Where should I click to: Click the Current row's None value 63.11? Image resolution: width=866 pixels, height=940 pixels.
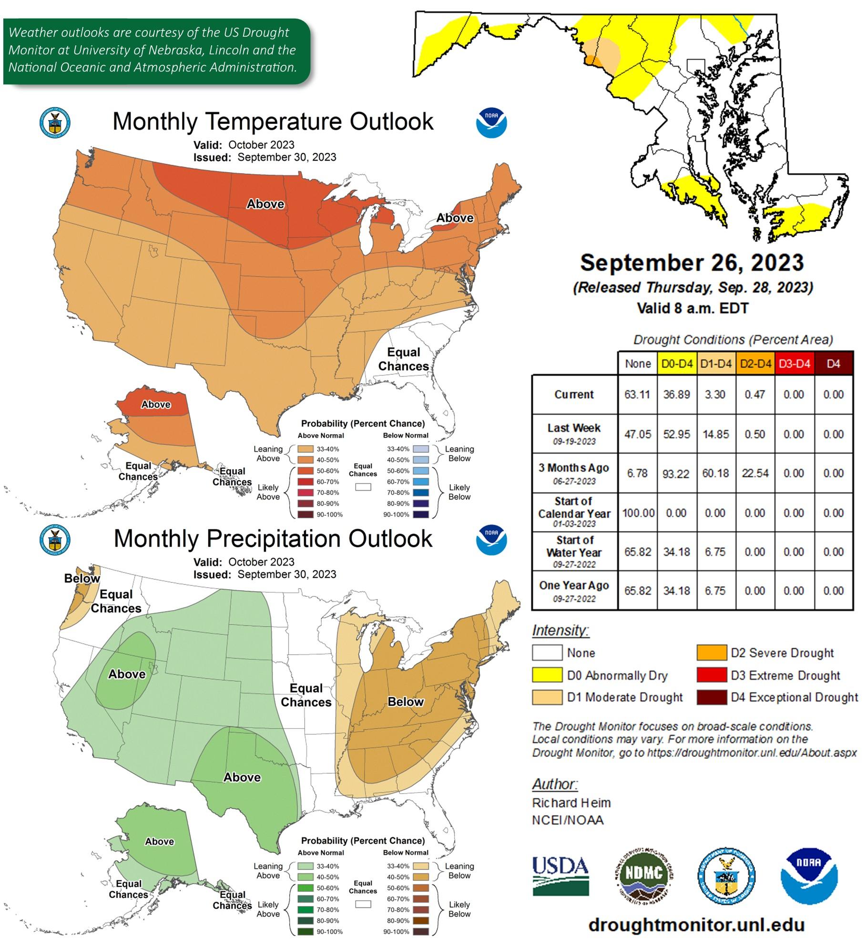(x=637, y=395)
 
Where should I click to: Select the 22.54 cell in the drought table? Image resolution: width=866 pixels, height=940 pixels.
(x=755, y=473)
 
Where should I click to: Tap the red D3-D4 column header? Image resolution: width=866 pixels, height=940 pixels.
(x=794, y=364)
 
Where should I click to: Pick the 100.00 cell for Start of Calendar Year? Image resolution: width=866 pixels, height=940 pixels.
(x=638, y=513)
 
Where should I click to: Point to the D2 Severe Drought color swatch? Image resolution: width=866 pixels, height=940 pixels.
(x=712, y=653)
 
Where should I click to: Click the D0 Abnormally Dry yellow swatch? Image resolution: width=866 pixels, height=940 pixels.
(x=547, y=675)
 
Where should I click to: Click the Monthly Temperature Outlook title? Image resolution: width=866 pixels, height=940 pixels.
(x=273, y=122)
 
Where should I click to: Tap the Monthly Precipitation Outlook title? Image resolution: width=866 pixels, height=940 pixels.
(x=273, y=539)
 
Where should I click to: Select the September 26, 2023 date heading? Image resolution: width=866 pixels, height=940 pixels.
(x=692, y=263)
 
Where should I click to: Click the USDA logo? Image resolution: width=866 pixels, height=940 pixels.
(x=560, y=876)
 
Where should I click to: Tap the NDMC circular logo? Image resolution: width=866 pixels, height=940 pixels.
(x=643, y=876)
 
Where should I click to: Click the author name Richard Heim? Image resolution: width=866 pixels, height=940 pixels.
(x=571, y=803)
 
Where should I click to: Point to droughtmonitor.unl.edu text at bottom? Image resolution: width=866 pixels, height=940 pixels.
(x=696, y=924)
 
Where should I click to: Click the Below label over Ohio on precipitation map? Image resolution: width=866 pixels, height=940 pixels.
(x=405, y=702)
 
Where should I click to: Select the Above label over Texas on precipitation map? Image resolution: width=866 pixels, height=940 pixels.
(x=242, y=777)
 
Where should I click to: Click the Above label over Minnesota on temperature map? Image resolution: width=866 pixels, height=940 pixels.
(x=265, y=204)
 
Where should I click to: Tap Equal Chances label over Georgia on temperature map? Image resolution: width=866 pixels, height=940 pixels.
(x=403, y=359)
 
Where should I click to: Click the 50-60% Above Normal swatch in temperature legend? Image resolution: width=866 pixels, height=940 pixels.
(x=305, y=471)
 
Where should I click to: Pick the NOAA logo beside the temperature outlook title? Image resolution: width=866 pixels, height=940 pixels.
(x=491, y=123)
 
